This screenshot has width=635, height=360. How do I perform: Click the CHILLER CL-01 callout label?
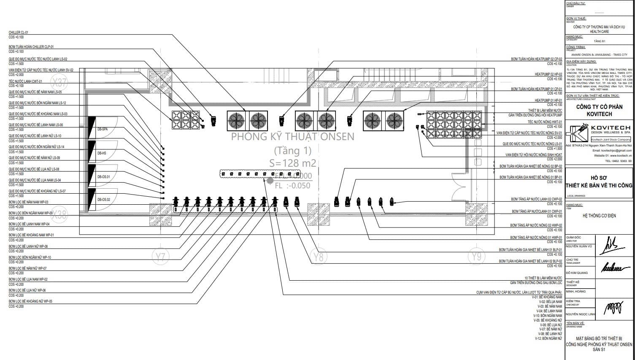pos(19,32)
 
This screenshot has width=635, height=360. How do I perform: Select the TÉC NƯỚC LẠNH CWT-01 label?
pos(25,81)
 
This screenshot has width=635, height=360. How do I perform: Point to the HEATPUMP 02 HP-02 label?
pos(548,74)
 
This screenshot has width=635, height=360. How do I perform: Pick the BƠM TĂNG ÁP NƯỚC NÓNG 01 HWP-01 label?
pos(536,238)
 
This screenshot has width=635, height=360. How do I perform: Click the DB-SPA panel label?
pos(103,129)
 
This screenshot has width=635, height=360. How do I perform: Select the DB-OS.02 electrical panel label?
pos(104,200)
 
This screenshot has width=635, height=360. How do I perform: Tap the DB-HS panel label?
pos(102,153)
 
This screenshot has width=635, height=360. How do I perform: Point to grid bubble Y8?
pos(319,256)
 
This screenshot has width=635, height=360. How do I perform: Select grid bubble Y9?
pos(476,256)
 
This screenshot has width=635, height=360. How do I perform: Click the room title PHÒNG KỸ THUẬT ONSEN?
pos(292,137)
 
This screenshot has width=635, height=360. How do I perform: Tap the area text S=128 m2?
pos(292,163)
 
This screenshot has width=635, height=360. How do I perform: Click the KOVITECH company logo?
pos(577,133)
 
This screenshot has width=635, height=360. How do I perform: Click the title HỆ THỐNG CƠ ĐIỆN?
pos(599,216)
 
